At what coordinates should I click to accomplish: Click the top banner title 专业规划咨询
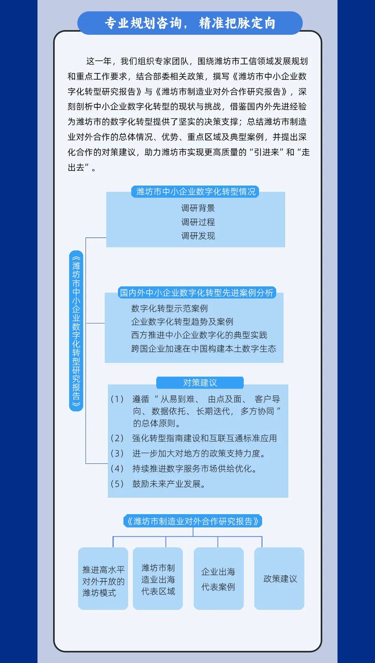coord(143,23)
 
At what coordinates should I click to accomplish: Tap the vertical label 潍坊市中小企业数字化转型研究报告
coord(76,331)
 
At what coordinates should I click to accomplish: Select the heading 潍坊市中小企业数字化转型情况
coord(196,191)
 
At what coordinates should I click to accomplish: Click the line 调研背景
coord(198,208)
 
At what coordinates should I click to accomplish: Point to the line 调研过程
coord(198,222)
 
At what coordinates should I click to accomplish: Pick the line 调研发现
coord(198,236)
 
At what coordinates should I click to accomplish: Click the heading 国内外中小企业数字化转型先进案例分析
coord(196,293)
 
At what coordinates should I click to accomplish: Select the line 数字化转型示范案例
coord(170,308)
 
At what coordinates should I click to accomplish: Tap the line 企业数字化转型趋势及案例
coord(182,322)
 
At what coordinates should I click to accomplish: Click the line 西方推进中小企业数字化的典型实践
coord(199,335)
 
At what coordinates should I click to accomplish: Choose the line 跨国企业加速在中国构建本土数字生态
coord(204,348)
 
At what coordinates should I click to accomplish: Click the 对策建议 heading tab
coord(200,383)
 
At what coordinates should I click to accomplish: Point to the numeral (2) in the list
coord(117,438)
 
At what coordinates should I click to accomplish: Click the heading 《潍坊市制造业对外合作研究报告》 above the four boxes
coord(193,521)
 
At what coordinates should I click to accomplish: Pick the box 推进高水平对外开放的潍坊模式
coord(103,578)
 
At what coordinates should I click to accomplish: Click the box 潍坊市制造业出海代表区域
coord(158,578)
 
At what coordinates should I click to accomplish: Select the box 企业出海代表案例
coord(219,578)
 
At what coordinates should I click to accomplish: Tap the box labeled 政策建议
coord(279,578)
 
